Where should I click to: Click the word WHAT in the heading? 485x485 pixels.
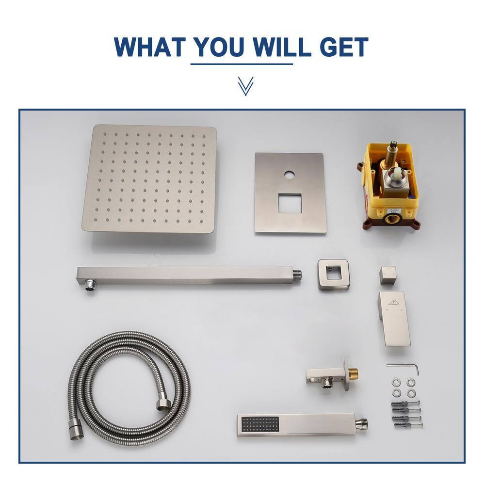click(150, 47)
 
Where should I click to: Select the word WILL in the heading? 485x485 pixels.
click(280, 47)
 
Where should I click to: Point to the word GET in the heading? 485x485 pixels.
click(341, 47)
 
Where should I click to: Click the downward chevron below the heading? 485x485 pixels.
click(245, 86)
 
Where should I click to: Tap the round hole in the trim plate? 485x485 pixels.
click(290, 174)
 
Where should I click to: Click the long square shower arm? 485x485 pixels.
click(189, 275)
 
